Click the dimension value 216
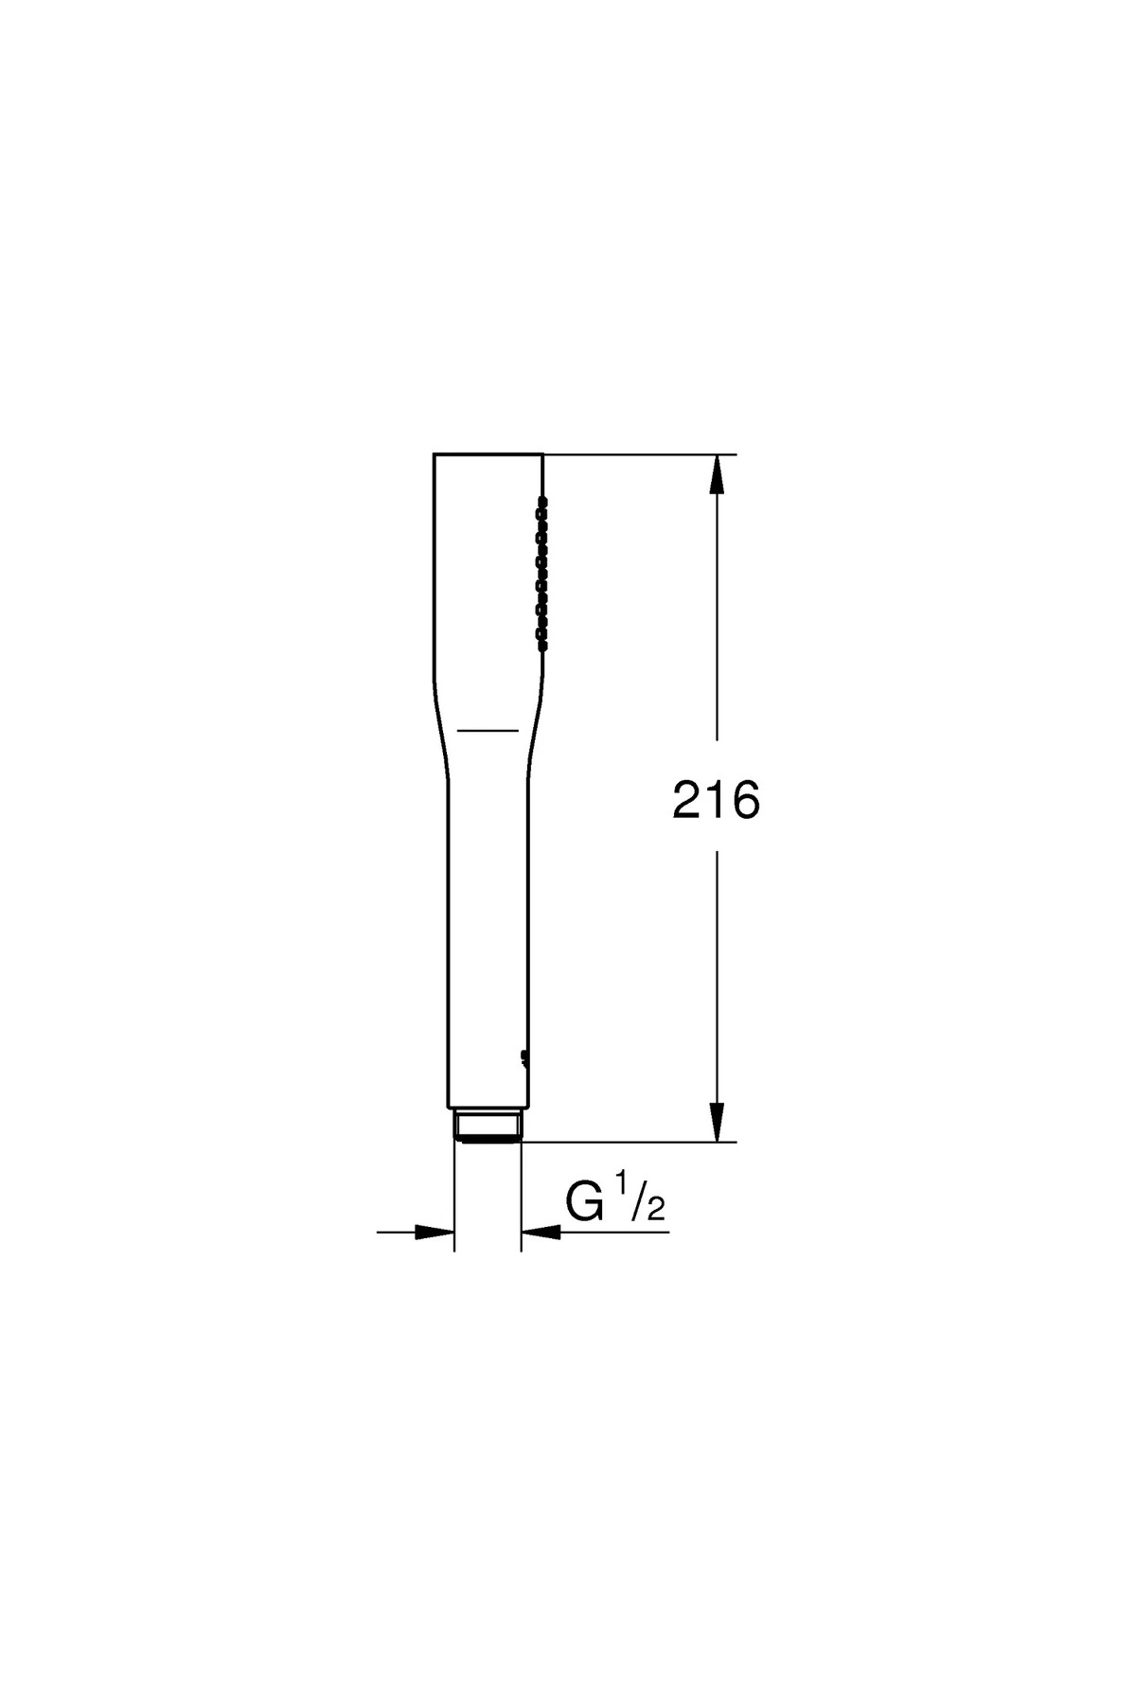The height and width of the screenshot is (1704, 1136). (716, 802)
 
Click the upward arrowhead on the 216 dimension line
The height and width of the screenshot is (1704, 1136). (718, 473)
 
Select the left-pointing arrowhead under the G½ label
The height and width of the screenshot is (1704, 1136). (541, 1232)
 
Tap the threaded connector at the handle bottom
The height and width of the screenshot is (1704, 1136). (488, 1126)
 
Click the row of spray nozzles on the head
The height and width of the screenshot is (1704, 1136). (542, 573)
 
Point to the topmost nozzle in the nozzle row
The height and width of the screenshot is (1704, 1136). (542, 499)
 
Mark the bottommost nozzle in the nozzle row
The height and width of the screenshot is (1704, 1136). (542, 647)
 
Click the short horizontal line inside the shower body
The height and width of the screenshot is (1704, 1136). (488, 730)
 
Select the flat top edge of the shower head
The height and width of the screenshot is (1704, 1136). (488, 453)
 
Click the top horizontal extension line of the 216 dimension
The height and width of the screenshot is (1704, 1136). (644, 454)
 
